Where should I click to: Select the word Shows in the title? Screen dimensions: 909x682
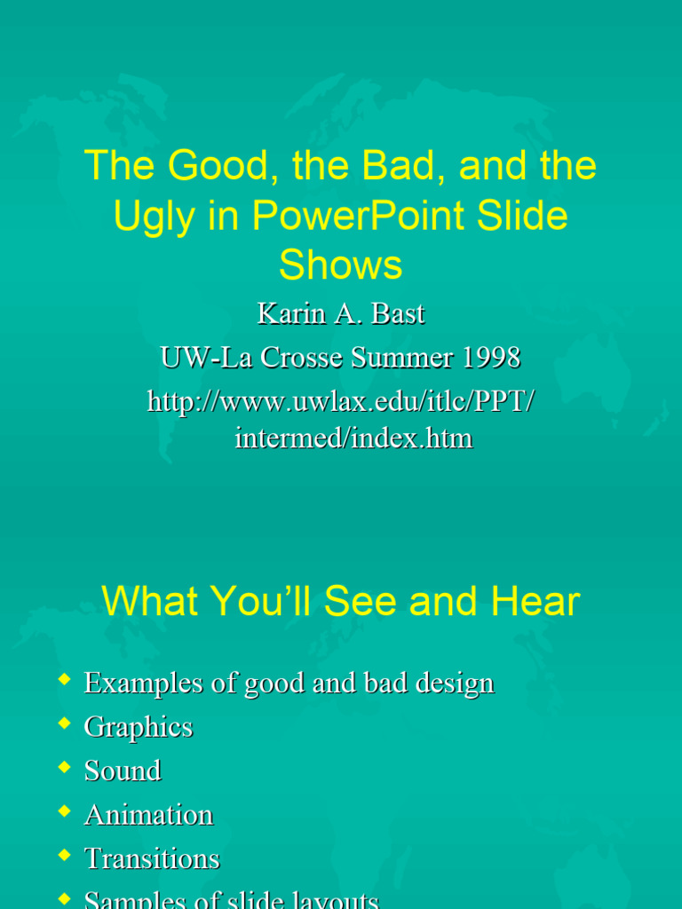340,265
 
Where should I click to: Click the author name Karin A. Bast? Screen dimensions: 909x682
340,313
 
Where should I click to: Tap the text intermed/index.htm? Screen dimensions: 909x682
353,438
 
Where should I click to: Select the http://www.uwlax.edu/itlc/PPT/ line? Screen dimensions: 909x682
340,401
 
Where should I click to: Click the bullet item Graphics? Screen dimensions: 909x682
138,727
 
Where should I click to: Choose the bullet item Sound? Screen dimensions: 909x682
123,771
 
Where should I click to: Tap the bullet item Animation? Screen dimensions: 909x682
148,815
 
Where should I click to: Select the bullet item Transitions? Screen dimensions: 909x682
152,858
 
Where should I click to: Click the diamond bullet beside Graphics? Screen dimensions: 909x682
63,723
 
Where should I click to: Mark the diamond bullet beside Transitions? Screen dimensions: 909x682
63,855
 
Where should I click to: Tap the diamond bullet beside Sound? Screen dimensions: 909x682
63,767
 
